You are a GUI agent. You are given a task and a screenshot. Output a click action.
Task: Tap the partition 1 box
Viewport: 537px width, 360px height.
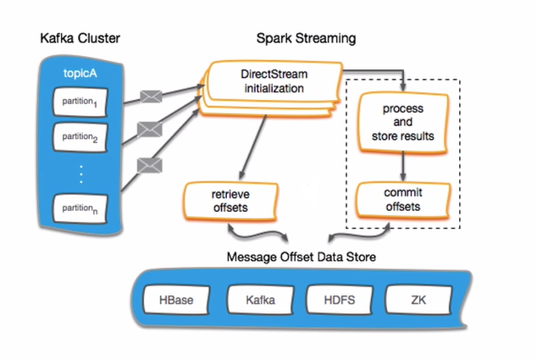point(81,103)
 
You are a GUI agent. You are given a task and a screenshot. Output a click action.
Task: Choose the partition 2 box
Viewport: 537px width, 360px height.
point(81,136)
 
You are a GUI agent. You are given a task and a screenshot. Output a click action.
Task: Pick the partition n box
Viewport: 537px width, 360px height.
point(81,206)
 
